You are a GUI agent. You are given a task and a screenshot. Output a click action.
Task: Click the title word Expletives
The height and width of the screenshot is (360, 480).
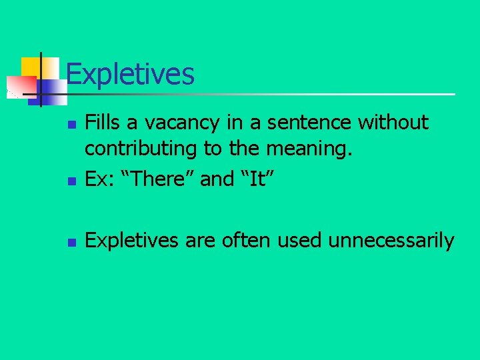point(131,74)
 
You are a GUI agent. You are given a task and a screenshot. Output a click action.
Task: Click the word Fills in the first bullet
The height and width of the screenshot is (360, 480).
point(101,123)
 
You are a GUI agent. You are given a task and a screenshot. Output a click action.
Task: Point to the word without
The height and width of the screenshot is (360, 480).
point(393,123)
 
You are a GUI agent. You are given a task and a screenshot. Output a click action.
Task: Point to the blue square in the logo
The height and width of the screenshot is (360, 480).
point(52,89)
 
